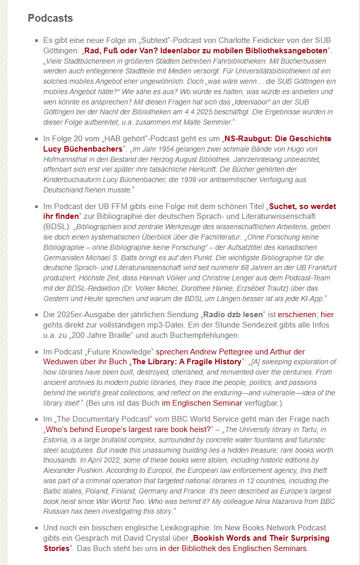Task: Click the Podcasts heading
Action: pos(50,19)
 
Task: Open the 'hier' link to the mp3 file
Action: pos(327,315)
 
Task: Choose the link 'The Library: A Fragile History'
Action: pos(187,362)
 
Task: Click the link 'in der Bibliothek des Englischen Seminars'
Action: pos(234,548)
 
